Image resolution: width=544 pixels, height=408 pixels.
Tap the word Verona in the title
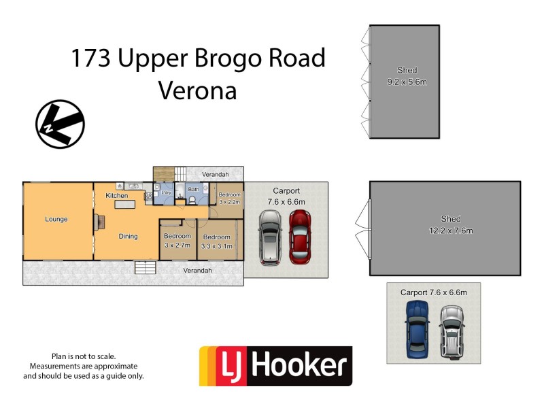[197, 90]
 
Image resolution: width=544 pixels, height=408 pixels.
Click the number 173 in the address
[91, 58]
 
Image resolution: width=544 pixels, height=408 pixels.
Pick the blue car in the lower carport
[415, 329]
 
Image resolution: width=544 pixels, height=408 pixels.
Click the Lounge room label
[56, 219]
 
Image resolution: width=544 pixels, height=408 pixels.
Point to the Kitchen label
[117, 195]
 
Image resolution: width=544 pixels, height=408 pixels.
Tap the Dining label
[128, 236]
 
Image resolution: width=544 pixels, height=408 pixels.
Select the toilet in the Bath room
[192, 200]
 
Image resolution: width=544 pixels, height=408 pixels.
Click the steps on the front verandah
[145, 267]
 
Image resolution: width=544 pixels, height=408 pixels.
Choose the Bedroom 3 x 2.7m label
[177, 241]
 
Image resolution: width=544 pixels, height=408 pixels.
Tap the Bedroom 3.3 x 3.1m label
[217, 241]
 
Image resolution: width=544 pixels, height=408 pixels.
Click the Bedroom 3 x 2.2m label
[229, 199]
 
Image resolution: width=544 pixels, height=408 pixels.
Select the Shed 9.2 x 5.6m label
[407, 75]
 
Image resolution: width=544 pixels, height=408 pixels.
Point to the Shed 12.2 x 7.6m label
[450, 224]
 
